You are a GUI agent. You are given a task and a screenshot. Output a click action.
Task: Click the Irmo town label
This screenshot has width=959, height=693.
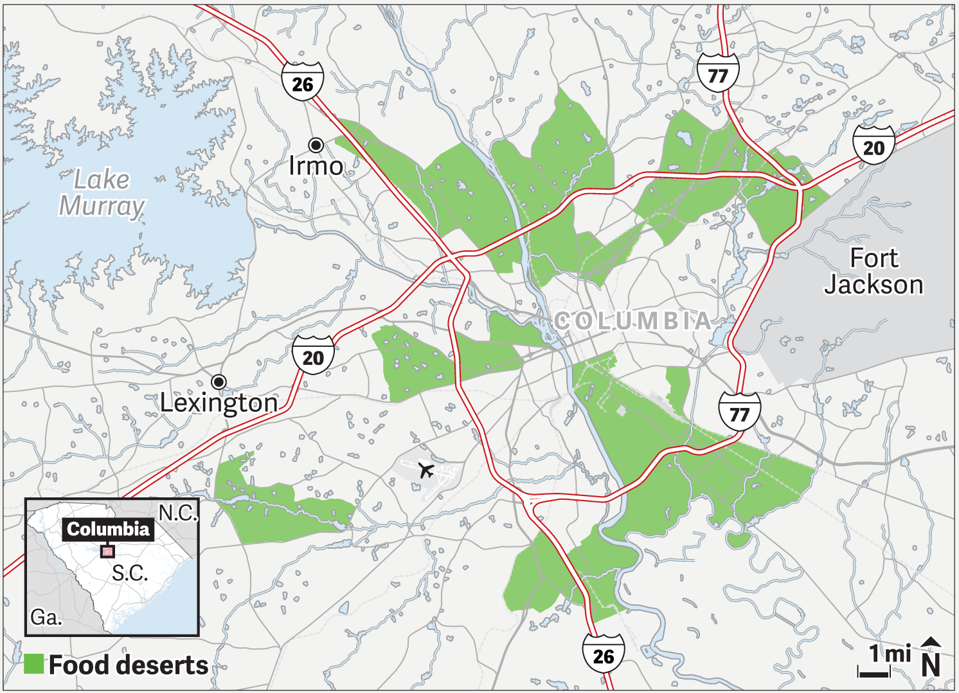316,166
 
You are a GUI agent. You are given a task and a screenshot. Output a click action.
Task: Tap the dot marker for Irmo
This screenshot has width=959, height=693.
316,144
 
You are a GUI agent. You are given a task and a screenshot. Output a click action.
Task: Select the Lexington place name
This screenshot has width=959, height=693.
219,403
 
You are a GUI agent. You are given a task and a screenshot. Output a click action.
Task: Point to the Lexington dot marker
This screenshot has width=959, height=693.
219,382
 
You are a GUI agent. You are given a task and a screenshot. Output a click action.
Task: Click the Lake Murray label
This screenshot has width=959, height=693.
102,192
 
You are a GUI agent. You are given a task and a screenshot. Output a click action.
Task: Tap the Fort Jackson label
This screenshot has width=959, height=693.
874,271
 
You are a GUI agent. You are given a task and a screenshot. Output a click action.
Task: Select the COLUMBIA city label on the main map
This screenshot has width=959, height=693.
632,320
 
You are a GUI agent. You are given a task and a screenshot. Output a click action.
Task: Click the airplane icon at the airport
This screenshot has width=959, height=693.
426,470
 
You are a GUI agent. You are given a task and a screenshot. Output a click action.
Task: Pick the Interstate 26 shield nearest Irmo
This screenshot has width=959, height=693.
302,82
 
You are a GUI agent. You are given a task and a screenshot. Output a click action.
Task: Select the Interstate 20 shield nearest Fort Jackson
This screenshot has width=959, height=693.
874,146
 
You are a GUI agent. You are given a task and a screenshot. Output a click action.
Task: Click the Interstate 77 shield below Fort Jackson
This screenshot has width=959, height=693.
739,412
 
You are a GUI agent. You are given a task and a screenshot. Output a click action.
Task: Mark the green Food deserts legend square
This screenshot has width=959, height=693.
33,664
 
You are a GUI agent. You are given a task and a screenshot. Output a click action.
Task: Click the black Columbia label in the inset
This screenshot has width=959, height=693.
108,529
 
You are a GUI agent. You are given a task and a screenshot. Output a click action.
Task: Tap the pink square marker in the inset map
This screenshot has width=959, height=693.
107,551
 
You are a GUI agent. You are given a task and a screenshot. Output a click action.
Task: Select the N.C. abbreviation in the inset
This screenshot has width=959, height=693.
177,513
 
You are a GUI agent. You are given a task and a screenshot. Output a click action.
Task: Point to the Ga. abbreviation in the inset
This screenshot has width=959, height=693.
46,618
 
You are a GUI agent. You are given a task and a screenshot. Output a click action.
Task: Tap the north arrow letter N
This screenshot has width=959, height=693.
931,665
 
